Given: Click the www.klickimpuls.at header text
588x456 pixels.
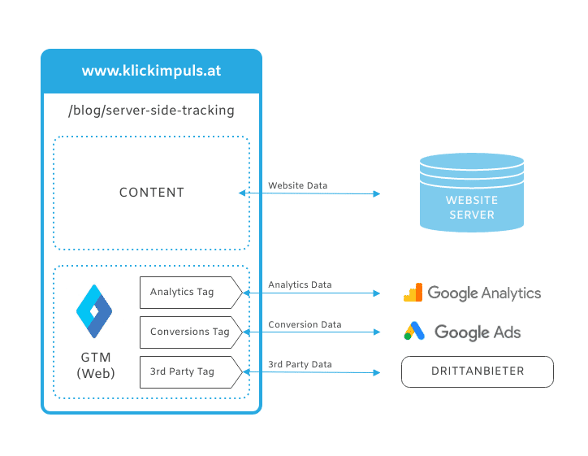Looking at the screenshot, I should point(151,71).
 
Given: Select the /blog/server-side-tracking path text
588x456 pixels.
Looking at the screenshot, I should point(151,111).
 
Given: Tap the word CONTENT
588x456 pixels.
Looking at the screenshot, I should point(152,193).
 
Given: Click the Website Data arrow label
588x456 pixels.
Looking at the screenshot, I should point(298,185).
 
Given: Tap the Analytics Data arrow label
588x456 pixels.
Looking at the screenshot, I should point(300,284).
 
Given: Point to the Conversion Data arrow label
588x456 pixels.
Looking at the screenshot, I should point(305,324).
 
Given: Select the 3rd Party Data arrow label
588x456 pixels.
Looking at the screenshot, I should point(300,364).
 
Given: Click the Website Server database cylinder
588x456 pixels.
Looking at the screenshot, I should point(472,193).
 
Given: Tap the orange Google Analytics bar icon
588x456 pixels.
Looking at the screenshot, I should point(413,293).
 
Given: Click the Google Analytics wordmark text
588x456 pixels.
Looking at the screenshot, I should point(484,293).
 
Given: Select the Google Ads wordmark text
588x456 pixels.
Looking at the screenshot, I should point(478,332).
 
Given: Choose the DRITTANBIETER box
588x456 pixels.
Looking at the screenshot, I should point(478,371).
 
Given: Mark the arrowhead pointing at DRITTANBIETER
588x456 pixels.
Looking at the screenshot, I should point(377,372).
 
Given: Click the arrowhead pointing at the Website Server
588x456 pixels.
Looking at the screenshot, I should point(377,193).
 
